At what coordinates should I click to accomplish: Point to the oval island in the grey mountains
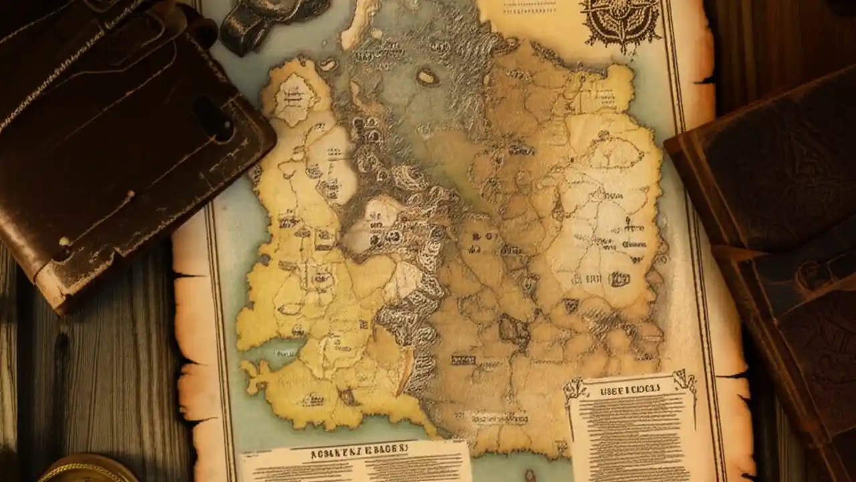click(427, 77)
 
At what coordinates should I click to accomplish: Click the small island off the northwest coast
click(328, 64)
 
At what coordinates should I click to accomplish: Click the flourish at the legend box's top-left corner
click(574, 389)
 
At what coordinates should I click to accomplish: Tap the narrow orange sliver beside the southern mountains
click(406, 364)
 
